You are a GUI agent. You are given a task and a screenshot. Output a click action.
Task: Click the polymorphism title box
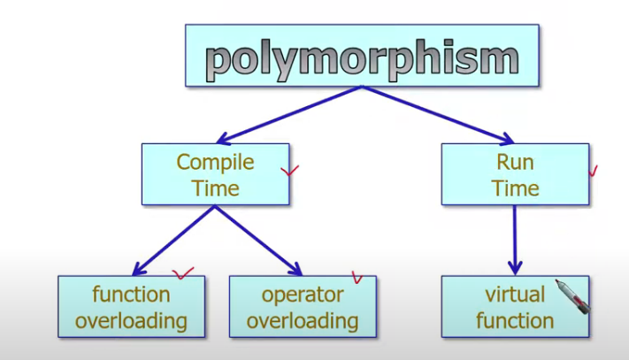click(x=362, y=55)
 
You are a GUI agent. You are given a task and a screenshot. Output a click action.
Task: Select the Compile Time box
click(x=215, y=174)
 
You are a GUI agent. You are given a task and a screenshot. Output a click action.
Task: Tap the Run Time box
click(x=515, y=174)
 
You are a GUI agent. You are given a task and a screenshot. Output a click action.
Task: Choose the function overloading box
click(x=131, y=306)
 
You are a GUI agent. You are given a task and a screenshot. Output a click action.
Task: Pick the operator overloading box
click(x=302, y=306)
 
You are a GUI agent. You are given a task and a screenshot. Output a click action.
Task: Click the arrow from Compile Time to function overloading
click(x=173, y=240)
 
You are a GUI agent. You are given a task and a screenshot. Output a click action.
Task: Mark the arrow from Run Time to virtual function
click(x=515, y=239)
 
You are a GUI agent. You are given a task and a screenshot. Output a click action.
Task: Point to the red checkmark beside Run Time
click(x=593, y=170)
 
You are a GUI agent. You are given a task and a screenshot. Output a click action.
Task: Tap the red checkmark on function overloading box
click(x=183, y=273)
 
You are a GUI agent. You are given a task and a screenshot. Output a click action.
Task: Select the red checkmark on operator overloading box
click(x=357, y=277)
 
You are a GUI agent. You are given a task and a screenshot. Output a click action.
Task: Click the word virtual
click(x=514, y=294)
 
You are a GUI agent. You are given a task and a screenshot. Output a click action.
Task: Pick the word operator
click(x=302, y=294)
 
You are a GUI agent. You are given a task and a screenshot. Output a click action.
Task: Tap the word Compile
click(x=215, y=162)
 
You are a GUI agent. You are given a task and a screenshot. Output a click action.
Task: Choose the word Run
click(x=515, y=162)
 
